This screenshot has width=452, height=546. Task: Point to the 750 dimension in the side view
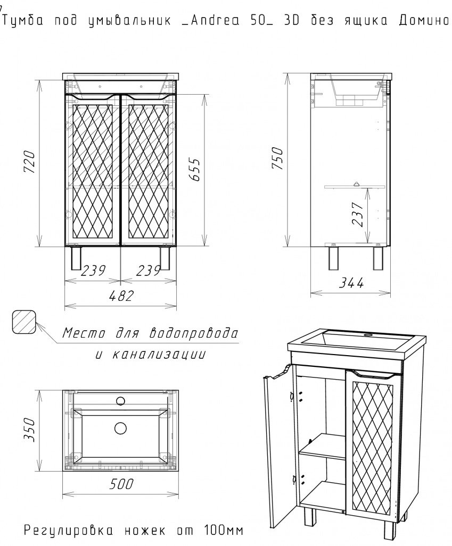coord(278,158)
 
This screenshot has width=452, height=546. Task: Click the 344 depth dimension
coord(351,283)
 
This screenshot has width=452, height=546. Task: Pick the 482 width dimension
coord(122,296)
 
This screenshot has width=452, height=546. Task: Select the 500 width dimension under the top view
coord(122,484)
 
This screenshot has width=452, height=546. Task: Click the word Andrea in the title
coord(211,21)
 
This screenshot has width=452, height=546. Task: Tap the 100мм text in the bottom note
coord(224,530)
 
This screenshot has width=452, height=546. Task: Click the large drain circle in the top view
coord(120,429)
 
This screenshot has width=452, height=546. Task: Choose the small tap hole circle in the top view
coord(121,400)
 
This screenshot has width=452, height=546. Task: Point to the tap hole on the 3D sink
coord(367,336)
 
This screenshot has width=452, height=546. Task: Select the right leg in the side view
coord(379,259)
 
